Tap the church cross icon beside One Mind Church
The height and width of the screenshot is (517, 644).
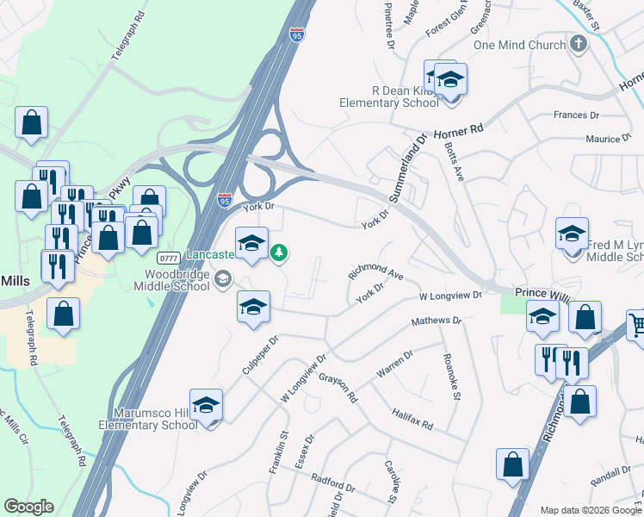coord(578,43)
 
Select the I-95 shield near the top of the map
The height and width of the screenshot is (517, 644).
coord(297,34)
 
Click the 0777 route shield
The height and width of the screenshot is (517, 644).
coord(168,258)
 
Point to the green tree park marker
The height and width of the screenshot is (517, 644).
coord(278,252)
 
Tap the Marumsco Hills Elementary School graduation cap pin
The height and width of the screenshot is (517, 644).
coord(207,405)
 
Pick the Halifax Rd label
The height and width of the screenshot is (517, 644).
coord(412,420)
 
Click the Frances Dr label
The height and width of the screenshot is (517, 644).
coord(577,115)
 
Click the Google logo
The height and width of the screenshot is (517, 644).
coord(28,507)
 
